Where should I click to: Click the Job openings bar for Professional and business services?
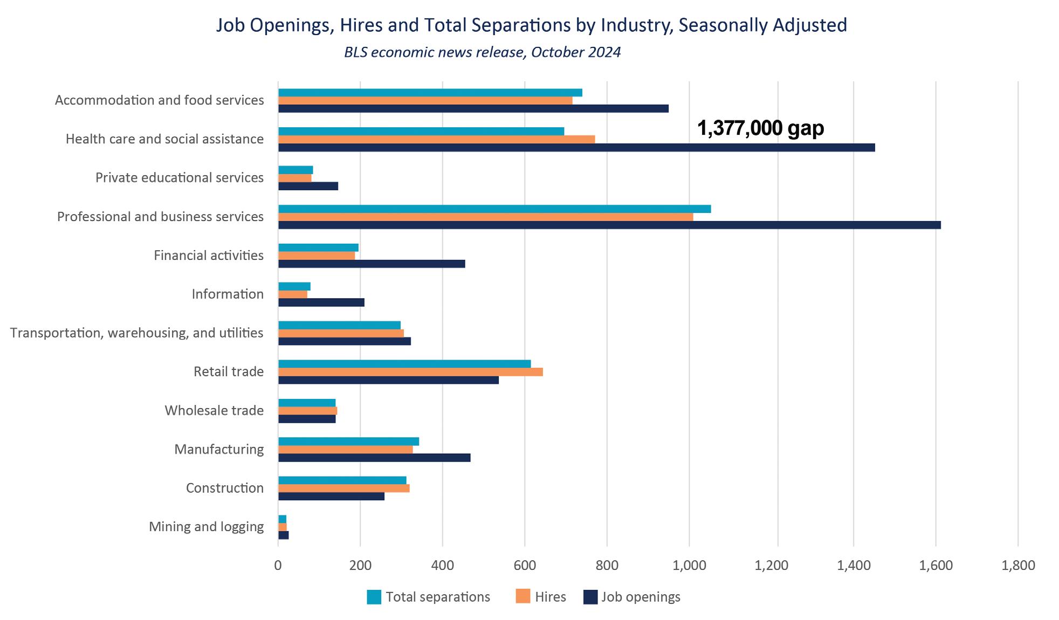609,225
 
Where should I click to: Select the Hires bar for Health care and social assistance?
437,139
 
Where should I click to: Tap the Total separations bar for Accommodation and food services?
430,93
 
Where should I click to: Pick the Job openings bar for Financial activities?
372,264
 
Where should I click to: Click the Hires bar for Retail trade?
410,372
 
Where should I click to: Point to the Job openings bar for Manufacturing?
374,458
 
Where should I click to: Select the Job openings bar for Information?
321,302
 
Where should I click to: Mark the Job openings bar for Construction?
331,496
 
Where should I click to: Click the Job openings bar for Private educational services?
308,186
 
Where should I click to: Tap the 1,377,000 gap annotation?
760,128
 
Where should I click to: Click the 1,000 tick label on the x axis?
689,566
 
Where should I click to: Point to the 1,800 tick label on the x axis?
1018,566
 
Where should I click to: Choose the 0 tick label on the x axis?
278,566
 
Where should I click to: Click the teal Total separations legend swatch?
374,597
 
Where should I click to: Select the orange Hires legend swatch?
522,596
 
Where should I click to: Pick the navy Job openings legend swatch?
590,597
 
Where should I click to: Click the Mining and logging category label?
206,527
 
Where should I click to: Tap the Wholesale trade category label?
214,410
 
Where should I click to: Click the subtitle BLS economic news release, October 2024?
482,52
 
